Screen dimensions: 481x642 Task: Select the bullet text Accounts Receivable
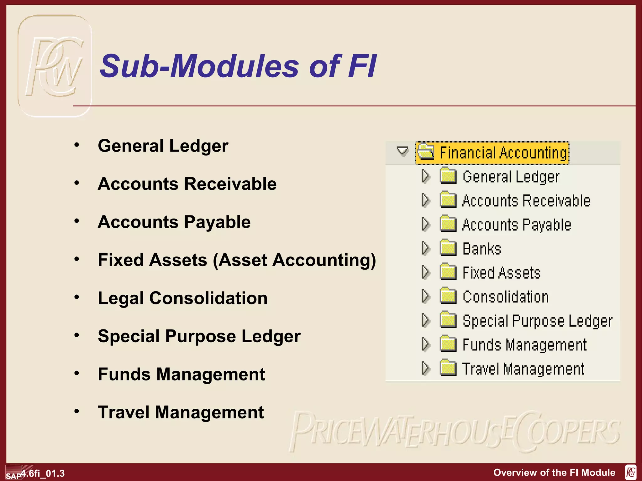[x=187, y=184]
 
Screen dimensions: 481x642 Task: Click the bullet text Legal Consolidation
[x=183, y=298]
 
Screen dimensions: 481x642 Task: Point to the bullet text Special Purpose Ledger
[x=199, y=336]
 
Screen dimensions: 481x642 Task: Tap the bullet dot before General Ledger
[x=77, y=145]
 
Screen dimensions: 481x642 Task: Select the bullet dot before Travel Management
[x=77, y=411]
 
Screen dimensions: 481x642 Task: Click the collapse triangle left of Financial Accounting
[x=402, y=151]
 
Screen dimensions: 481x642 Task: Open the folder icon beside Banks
[x=448, y=248]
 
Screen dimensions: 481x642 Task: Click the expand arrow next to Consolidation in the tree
[x=425, y=296]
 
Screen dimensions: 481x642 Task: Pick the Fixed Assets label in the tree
[x=502, y=273]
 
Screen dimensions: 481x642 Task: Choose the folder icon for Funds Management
[x=448, y=344]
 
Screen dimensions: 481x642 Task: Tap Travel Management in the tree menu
[x=523, y=369]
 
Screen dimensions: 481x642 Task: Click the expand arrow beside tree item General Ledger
[x=425, y=176]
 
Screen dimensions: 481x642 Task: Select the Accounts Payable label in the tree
[x=517, y=225]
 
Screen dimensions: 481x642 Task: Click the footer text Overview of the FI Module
[x=554, y=473]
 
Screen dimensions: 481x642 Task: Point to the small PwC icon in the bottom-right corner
[x=630, y=472]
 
